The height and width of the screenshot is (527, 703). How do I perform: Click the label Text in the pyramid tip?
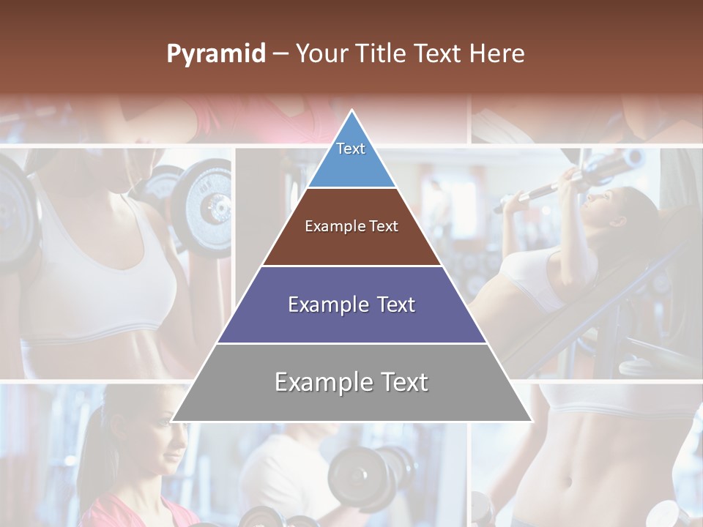click(351, 149)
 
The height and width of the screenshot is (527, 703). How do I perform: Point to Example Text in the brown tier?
click(351, 226)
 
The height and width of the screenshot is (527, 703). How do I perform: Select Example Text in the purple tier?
click(351, 304)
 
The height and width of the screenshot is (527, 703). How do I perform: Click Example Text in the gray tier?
click(351, 382)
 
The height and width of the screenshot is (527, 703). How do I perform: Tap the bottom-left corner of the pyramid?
click(174, 420)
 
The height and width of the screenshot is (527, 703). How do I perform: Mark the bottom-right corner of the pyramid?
click(530, 420)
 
